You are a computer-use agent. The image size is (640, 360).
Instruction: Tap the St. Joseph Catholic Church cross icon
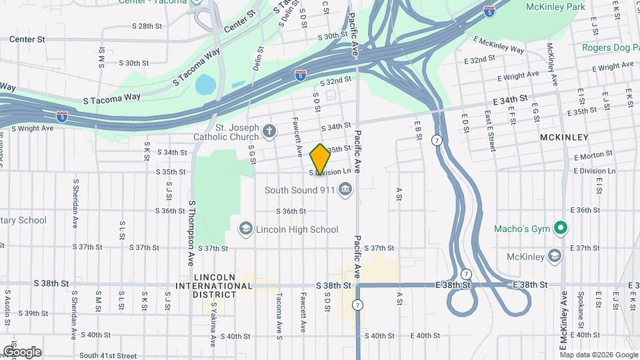pos(269,130)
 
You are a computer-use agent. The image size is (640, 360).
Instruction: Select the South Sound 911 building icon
pos(345,191)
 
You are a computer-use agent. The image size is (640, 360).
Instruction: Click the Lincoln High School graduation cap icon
pos(246,229)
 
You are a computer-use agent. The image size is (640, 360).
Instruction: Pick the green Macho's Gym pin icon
pos(561,229)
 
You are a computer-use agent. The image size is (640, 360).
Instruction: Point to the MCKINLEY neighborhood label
pos(564,137)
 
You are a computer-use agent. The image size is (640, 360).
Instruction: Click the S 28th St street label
pos(147,26)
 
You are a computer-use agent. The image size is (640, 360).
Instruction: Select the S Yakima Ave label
pos(214,325)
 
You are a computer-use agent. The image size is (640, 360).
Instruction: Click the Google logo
pos(22,351)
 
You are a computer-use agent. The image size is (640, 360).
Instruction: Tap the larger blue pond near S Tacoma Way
pos(206,85)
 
